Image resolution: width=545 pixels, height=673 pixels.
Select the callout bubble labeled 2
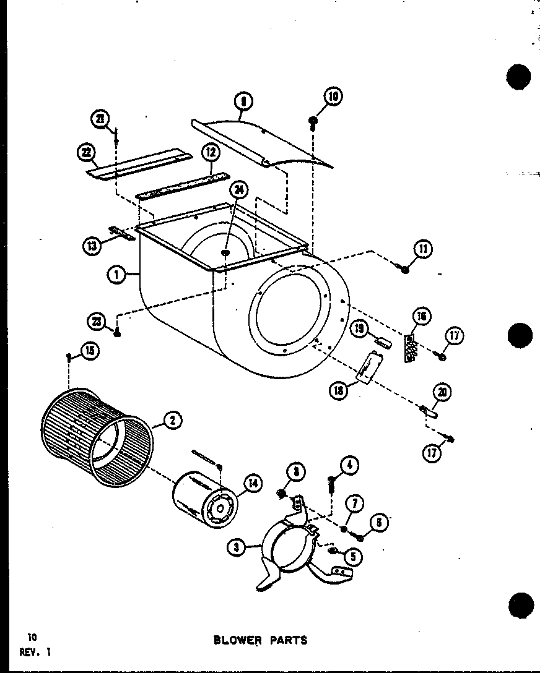[172, 421]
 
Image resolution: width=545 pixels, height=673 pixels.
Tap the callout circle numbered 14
[253, 484]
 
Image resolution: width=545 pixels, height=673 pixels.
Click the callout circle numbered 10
[333, 96]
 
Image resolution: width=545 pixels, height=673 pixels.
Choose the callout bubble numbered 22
[84, 151]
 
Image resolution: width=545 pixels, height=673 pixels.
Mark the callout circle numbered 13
[92, 246]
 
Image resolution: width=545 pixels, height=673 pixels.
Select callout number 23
[97, 320]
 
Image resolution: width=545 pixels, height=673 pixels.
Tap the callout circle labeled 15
[90, 351]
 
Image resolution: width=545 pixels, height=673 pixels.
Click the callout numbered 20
[443, 392]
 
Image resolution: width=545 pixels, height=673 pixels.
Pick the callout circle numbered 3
[234, 547]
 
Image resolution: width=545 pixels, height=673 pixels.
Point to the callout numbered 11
[423, 249]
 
